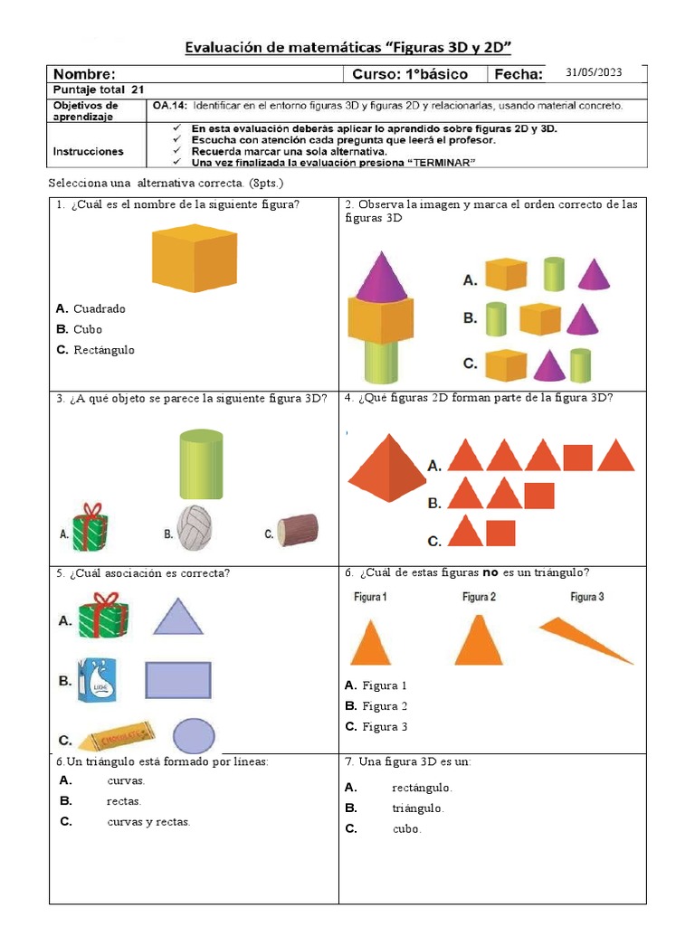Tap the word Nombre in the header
(84, 74)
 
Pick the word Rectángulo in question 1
(103, 350)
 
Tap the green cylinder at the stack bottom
(381, 360)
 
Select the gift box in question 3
(90, 525)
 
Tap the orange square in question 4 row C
(500, 534)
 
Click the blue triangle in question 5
(178, 617)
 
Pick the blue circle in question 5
(194, 736)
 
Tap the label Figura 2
(479, 597)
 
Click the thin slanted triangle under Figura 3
(586, 639)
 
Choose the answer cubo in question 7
(407, 829)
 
